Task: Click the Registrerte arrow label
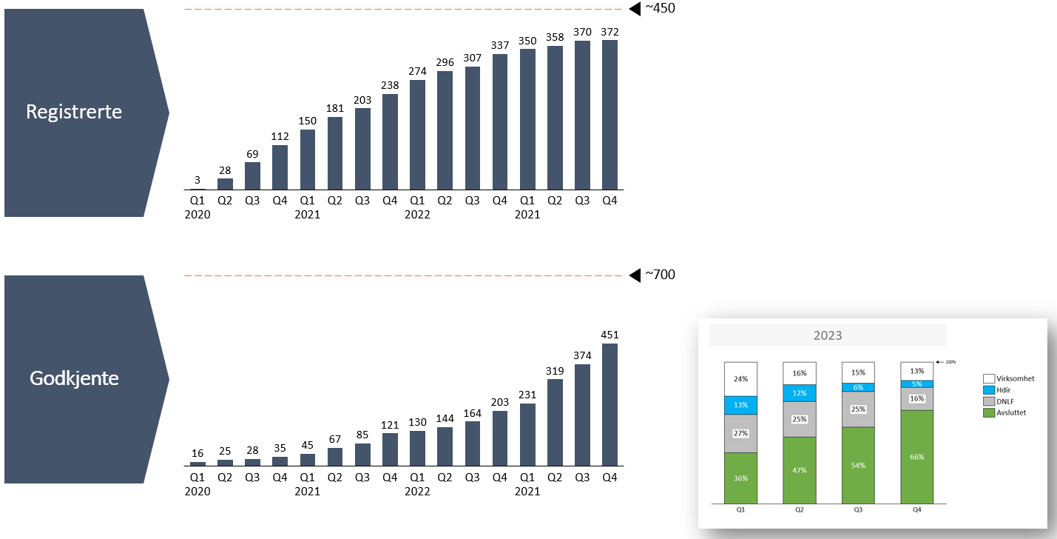point(74,113)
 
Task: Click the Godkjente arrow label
point(74,378)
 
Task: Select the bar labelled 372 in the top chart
point(609,115)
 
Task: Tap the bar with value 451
point(609,404)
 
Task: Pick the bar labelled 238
point(390,142)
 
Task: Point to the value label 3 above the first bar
point(198,180)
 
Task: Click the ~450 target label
point(660,9)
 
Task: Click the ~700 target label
point(660,275)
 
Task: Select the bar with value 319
point(555,422)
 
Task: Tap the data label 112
point(280,135)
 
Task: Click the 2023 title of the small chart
point(828,335)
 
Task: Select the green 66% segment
point(916,457)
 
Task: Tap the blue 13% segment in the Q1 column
point(740,405)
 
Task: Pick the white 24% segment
point(740,379)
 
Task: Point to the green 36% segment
point(740,478)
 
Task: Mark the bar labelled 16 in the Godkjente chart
point(198,463)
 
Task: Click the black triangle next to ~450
point(634,9)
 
